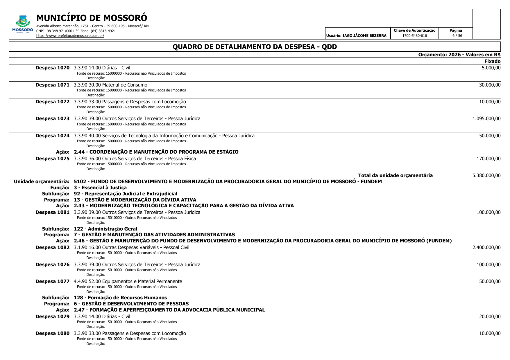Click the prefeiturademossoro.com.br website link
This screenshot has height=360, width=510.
coord(70,36)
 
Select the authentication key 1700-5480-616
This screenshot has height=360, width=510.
coord(414,36)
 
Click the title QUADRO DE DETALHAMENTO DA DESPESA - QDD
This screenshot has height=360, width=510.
coord(255,47)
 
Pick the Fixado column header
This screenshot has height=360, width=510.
coord(492,61)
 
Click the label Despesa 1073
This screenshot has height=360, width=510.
coord(52,118)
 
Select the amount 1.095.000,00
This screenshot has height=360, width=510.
coord(486,118)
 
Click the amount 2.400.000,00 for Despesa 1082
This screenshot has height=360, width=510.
coord(486,247)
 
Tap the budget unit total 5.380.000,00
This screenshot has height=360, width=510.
coord(486,175)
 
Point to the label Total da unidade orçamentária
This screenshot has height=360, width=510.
coord(395,175)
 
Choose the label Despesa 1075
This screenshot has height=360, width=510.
coord(52,159)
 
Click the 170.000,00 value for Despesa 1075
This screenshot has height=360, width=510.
coord(488,159)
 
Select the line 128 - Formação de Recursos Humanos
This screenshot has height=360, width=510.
coord(120,298)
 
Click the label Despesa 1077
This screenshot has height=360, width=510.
coord(52,281)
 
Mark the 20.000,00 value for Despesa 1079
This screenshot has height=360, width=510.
coord(490,316)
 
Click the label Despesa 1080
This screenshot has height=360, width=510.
coord(52,333)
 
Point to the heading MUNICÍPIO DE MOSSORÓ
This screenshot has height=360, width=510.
coord(92,18)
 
